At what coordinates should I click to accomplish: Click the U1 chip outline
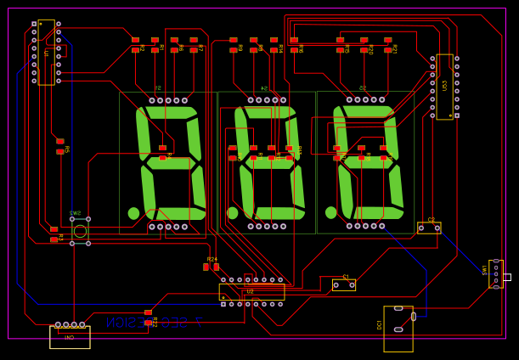point(46,53)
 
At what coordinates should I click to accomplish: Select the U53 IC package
point(444,87)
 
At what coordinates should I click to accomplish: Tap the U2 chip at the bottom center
point(251,292)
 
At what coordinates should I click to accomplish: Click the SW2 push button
point(80,231)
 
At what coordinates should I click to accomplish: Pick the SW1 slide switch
point(496,273)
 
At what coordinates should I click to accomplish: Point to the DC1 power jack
point(398,328)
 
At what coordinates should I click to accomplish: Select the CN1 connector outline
point(70,336)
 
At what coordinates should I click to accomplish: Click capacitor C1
point(343,284)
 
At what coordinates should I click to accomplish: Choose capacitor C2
point(429,228)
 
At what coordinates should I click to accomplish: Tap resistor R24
point(211,267)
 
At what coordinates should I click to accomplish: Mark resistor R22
point(148,318)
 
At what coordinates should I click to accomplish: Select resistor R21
point(388,45)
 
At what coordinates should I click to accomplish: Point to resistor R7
point(194,45)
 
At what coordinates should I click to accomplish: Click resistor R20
point(364,45)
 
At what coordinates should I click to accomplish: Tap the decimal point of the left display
point(133,213)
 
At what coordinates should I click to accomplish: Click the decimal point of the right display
point(330,212)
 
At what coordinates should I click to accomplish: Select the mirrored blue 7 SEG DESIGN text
point(154,323)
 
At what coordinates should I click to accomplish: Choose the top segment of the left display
point(168,112)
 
